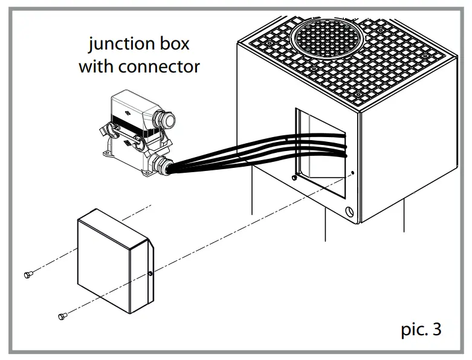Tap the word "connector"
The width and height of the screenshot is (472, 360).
pyautogui.click(x=159, y=66)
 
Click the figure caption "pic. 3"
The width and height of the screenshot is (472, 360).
pyautogui.click(x=421, y=329)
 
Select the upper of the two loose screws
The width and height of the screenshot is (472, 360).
pyautogui.click(x=28, y=275)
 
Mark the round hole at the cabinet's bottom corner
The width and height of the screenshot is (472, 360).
pyautogui.click(x=349, y=213)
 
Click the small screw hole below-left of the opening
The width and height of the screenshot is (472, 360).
pyautogui.click(x=293, y=178)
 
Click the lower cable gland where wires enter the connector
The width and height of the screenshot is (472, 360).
pyautogui.click(x=162, y=164)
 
